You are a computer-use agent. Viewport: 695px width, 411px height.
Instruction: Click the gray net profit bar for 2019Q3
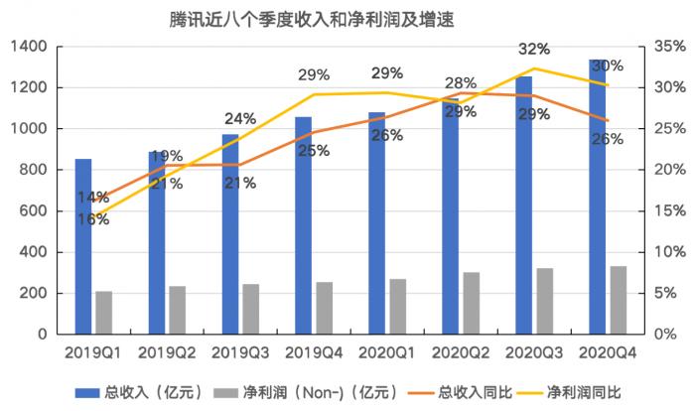(x=249, y=309)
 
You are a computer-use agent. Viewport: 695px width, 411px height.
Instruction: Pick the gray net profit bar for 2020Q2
(x=471, y=303)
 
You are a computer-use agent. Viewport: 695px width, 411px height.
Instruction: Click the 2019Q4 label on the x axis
(x=312, y=352)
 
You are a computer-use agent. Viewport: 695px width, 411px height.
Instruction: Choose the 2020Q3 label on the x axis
(x=533, y=352)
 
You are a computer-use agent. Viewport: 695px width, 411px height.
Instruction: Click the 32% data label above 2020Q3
(x=534, y=50)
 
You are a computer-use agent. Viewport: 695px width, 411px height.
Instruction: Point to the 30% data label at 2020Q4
(x=607, y=67)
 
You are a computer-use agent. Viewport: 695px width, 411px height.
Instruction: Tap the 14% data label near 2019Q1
(x=92, y=198)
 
